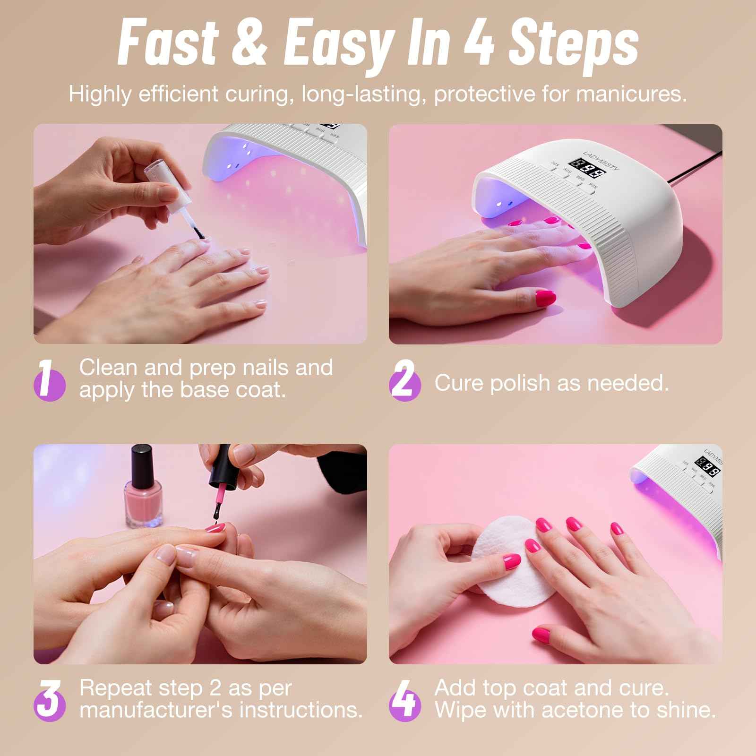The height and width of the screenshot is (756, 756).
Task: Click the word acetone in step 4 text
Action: tap(595, 710)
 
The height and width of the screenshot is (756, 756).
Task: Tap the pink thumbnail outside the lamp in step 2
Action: tap(547, 300)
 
